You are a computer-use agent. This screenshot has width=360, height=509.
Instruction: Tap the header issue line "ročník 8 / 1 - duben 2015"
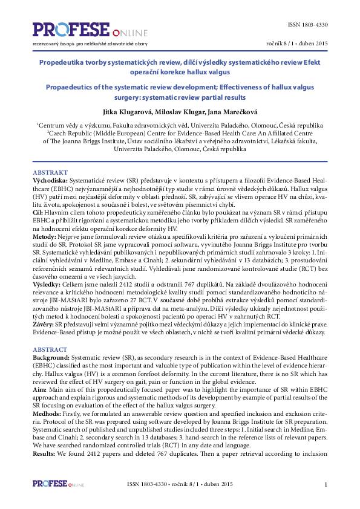pos(297,44)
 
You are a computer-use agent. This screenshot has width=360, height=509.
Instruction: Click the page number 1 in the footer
pos(326,485)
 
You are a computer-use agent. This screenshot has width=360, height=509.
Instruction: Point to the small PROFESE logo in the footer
pos(58,484)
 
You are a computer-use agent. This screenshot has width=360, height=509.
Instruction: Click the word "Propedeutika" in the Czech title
pos(61,62)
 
